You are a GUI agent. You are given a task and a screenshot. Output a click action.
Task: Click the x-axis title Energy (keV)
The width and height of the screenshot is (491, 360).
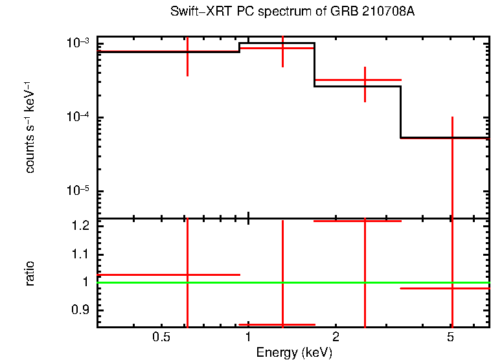[x=294, y=353]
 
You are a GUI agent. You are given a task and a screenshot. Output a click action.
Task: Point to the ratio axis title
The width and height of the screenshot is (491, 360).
[x=30, y=273]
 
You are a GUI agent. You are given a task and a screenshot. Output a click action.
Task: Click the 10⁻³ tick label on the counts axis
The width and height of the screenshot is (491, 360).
[x=77, y=43]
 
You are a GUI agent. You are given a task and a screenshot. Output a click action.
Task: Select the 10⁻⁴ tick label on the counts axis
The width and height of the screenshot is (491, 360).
[x=77, y=117]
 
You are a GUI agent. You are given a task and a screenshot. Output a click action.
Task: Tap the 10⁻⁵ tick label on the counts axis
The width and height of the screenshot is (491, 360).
[x=77, y=192]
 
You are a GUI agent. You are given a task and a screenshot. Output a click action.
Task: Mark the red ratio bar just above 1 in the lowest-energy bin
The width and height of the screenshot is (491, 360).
[x=143, y=275]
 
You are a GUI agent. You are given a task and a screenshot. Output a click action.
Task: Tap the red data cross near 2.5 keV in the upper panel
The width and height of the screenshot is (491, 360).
[x=365, y=80]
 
